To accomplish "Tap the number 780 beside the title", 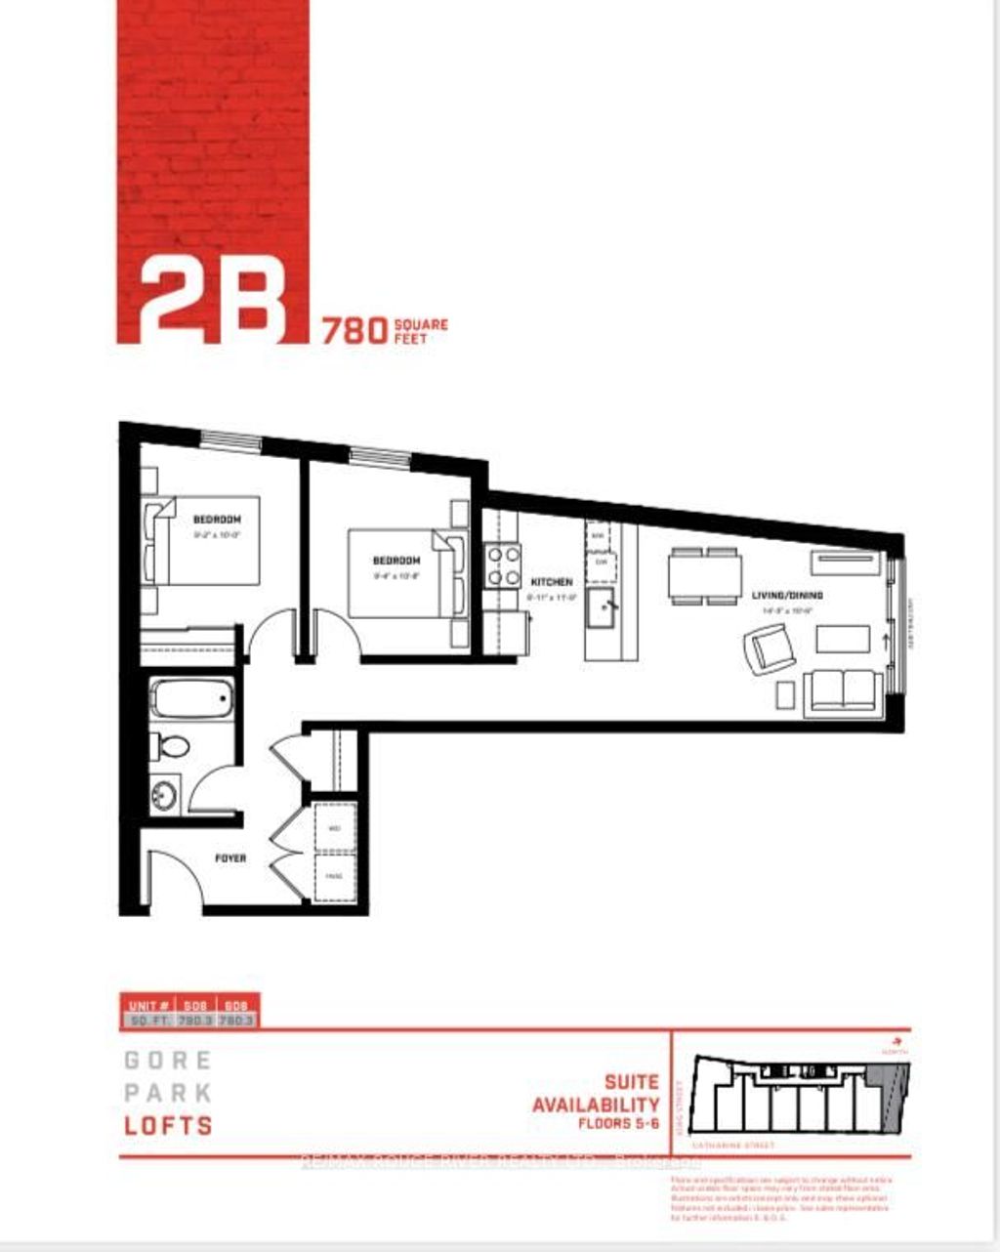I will tap(354, 331).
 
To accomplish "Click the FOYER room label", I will tap(230, 858).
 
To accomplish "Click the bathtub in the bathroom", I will tap(192, 698).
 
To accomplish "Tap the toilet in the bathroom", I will tap(171, 747).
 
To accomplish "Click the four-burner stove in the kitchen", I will tap(504, 565).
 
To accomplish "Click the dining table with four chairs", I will tap(703, 574).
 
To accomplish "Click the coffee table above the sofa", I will tap(843, 639).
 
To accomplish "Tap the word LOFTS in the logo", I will tap(168, 1125).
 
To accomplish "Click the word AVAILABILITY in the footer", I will tap(596, 1105).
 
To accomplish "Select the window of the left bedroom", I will tap(231, 439).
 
